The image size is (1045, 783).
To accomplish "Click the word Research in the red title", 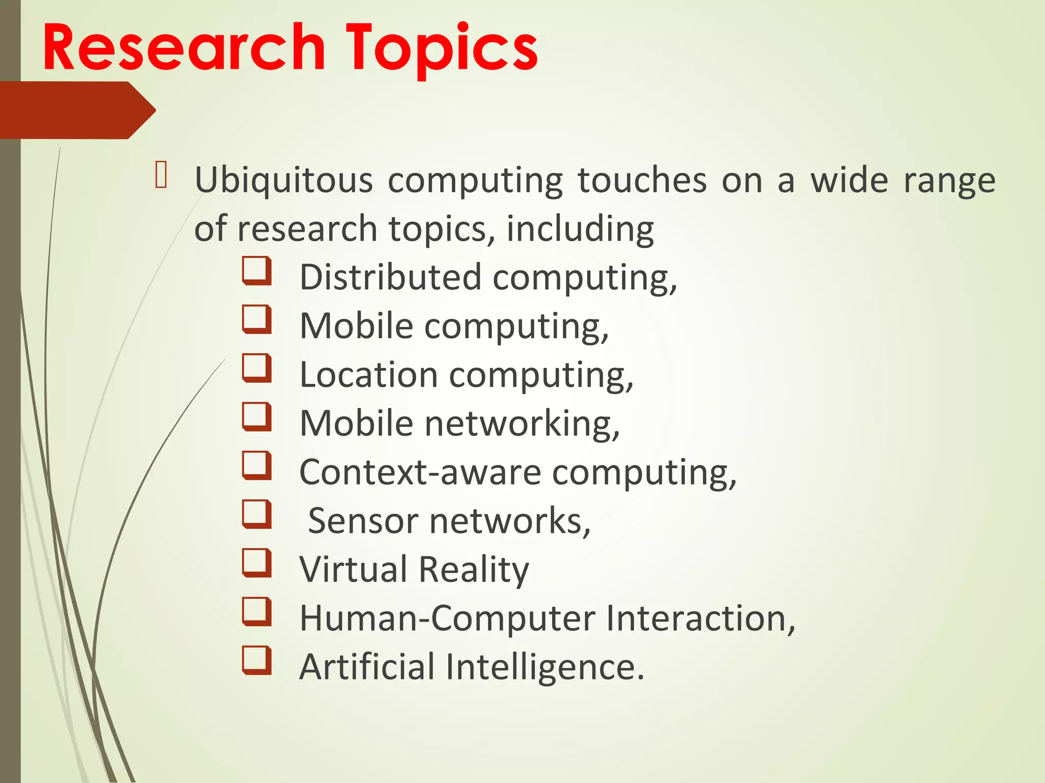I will [184, 48].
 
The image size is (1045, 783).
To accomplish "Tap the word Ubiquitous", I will [284, 181].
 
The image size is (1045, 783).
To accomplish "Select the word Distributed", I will [390, 278].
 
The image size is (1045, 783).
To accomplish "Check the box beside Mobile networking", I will [256, 417].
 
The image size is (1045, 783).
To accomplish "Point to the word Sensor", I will [363, 521].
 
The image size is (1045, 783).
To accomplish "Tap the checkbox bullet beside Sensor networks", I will [256, 514].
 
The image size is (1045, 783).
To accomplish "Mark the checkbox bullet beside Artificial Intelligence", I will [256, 660].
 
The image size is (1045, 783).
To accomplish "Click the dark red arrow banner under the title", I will [77, 110].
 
